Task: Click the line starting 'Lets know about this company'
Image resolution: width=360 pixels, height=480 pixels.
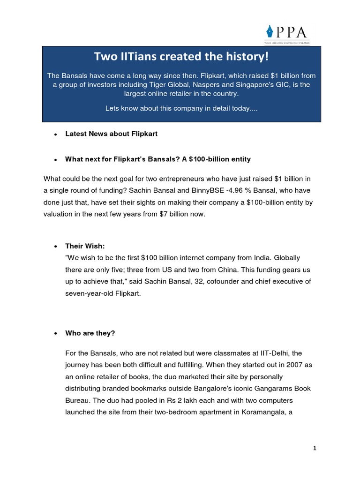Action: pos(181,109)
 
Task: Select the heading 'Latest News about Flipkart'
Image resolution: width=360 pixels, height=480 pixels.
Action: pos(111,134)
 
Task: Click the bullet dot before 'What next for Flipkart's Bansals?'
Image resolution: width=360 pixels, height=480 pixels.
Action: pos(55,159)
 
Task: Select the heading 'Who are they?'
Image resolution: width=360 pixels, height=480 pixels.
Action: pos(90,333)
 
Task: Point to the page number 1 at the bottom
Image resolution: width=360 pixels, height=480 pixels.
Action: pos(315,449)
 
